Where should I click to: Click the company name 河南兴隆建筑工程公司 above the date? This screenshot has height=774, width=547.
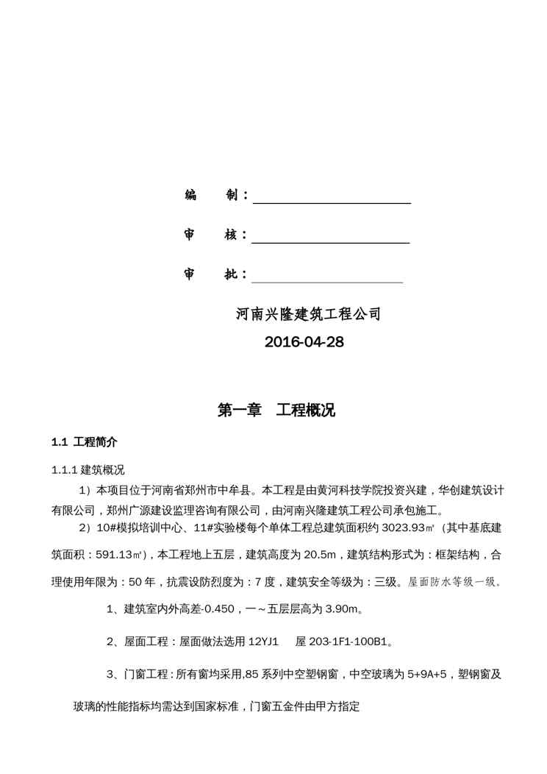point(308,314)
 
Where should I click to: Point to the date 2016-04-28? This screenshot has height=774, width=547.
point(304,342)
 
